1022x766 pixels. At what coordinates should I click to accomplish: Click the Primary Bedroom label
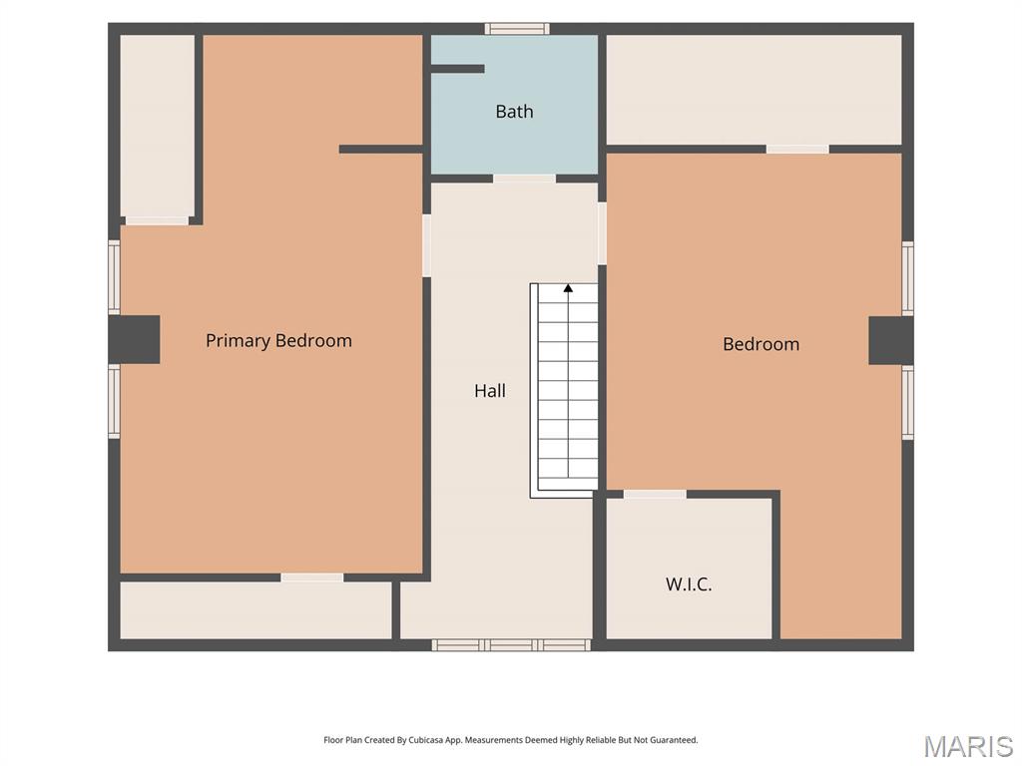(x=278, y=341)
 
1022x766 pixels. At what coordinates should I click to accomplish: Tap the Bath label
(x=514, y=112)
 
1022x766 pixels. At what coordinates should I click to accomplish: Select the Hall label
(x=490, y=390)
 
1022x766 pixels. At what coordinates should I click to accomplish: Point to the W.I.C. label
(x=689, y=583)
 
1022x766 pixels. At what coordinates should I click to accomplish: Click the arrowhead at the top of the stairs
(x=568, y=288)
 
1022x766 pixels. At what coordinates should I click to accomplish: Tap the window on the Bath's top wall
(x=517, y=29)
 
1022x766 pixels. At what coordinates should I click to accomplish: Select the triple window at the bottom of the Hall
(x=511, y=645)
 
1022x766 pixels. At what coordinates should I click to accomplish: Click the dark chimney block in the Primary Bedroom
(x=135, y=339)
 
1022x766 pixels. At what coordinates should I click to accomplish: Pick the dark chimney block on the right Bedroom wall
(x=891, y=341)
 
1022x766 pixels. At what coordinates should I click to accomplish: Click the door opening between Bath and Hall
(x=525, y=179)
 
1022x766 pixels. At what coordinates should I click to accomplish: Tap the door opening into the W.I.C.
(x=655, y=495)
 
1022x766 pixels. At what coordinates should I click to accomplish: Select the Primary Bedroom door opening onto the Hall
(x=427, y=245)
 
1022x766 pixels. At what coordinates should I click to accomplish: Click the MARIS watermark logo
(x=968, y=746)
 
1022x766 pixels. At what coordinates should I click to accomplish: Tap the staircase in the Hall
(x=564, y=391)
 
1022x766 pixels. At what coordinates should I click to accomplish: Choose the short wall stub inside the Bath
(x=457, y=69)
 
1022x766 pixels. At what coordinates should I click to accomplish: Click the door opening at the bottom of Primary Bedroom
(x=312, y=577)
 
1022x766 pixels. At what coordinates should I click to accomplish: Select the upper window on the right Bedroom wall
(x=908, y=278)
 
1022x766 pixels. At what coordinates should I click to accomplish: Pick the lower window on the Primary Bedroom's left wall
(x=114, y=401)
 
